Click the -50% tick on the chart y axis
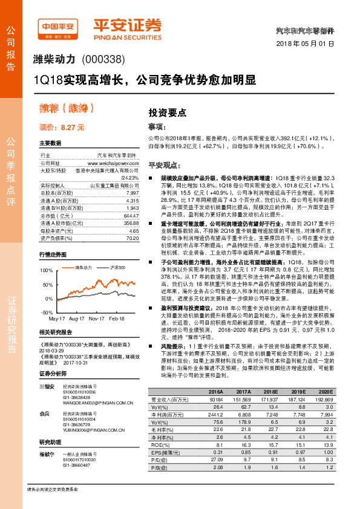point(46,312)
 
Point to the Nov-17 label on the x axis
point(97,318)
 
